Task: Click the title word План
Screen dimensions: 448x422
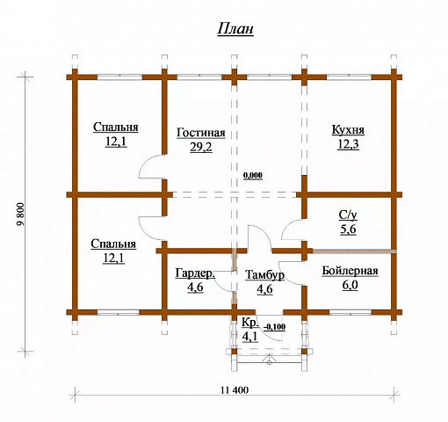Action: click(x=235, y=30)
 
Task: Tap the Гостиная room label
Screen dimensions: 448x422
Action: click(x=201, y=133)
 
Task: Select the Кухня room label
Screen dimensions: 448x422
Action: click(x=348, y=130)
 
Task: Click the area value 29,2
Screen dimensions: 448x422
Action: click(x=201, y=148)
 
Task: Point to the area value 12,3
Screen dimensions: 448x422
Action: click(x=348, y=144)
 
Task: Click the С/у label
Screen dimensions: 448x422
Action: click(x=348, y=215)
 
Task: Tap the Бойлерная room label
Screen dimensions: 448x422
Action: click(x=350, y=271)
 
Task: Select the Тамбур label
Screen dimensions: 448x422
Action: click(x=264, y=275)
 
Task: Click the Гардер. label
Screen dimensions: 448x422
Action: click(x=195, y=273)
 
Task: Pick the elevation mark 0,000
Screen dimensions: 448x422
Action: click(x=253, y=176)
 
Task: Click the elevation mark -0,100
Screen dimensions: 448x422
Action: click(x=275, y=327)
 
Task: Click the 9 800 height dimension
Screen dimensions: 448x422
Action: click(x=21, y=215)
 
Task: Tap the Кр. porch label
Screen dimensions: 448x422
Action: click(x=250, y=322)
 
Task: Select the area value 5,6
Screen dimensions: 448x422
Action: click(x=348, y=229)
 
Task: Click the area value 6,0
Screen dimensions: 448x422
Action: click(x=350, y=285)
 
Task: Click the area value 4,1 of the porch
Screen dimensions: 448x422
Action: click(x=249, y=337)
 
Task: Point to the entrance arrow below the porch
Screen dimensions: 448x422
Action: click(x=270, y=360)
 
